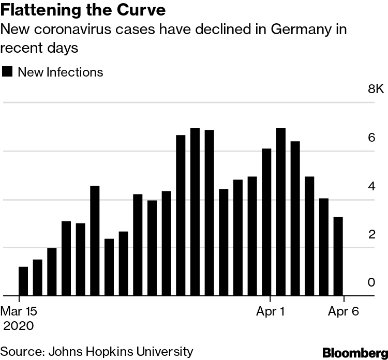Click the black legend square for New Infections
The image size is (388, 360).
7,72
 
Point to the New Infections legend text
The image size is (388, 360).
61,72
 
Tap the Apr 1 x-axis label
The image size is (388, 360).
270,312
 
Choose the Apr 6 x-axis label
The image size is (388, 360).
344,312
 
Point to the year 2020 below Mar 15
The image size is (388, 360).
19,326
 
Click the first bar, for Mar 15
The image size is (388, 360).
23,281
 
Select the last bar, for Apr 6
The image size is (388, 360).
338,257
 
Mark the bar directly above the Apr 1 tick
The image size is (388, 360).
266,222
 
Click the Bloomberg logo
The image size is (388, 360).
355,353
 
